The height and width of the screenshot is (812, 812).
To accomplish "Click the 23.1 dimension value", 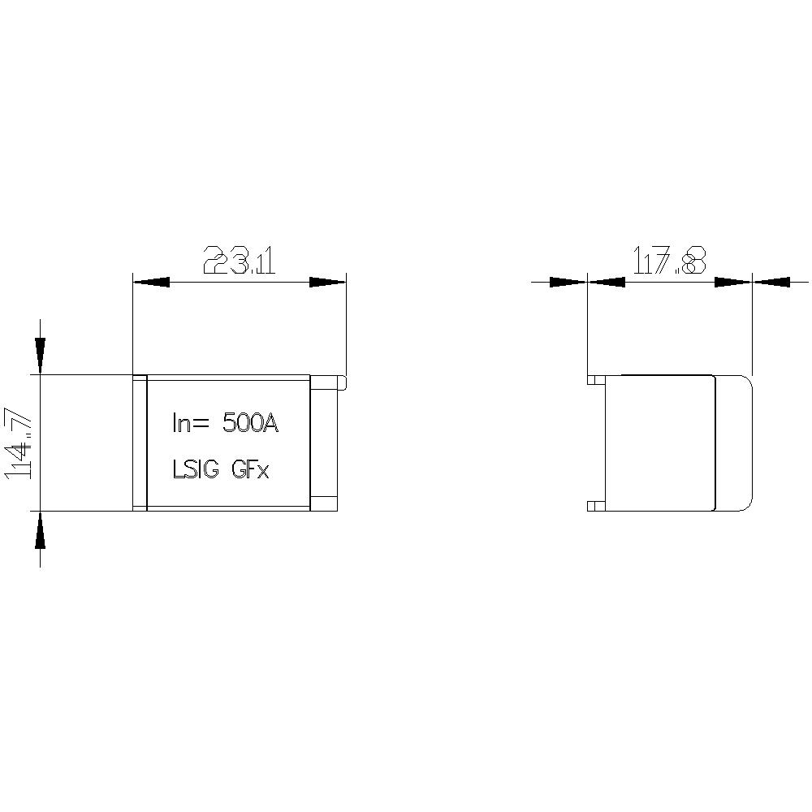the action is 240,260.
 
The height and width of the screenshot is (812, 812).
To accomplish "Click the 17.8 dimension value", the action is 670,260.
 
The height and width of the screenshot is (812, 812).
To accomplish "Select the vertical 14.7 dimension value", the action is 19,443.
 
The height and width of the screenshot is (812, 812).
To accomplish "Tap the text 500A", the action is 251,424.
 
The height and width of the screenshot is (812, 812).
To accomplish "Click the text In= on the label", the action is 190,424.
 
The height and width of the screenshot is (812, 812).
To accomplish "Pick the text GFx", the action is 250,469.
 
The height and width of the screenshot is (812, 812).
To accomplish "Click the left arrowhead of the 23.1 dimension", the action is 151,283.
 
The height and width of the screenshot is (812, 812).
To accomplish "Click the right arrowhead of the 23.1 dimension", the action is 327,283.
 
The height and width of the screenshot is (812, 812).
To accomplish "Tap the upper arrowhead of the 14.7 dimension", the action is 41,356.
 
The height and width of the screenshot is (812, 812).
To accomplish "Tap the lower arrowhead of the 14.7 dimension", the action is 41,529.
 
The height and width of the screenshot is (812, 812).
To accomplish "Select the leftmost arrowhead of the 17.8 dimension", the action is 568,283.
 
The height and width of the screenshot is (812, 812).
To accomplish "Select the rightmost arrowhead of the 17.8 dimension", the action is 771,283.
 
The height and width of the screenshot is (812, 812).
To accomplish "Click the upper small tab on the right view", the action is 596,379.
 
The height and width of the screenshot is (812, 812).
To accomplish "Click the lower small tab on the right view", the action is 596,506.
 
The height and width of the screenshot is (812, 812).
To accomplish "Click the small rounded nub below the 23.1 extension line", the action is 343,382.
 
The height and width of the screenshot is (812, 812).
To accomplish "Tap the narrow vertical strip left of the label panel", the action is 140,443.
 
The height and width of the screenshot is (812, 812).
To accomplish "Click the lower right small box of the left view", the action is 324,503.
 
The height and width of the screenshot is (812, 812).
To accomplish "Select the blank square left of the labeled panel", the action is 87,443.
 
